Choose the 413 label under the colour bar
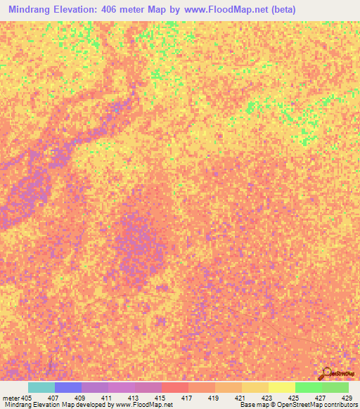133,397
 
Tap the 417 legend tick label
186,397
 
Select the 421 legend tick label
240,397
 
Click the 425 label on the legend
293,397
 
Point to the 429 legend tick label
346,397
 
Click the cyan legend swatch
41,387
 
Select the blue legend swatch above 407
68,387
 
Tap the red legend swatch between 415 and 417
175,387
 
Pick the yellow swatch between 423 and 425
282,387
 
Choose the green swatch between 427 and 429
335,387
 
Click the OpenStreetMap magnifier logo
326,373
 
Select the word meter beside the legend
10,397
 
